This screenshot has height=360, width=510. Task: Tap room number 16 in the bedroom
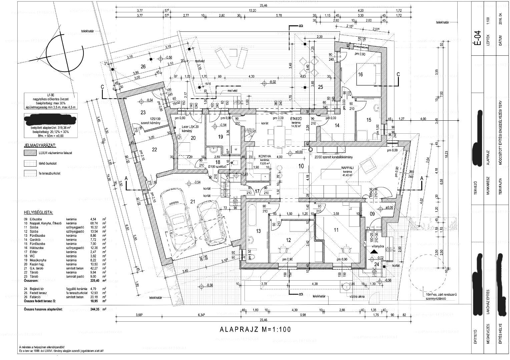[x=360, y=75]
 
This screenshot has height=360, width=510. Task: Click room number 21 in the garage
[x=192, y=201]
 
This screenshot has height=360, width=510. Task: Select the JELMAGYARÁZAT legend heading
[x=40, y=146]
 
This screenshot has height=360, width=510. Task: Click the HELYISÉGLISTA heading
[x=38, y=212]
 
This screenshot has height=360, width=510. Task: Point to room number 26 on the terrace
[x=143, y=67]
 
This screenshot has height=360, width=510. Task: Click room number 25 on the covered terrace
[x=320, y=87]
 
